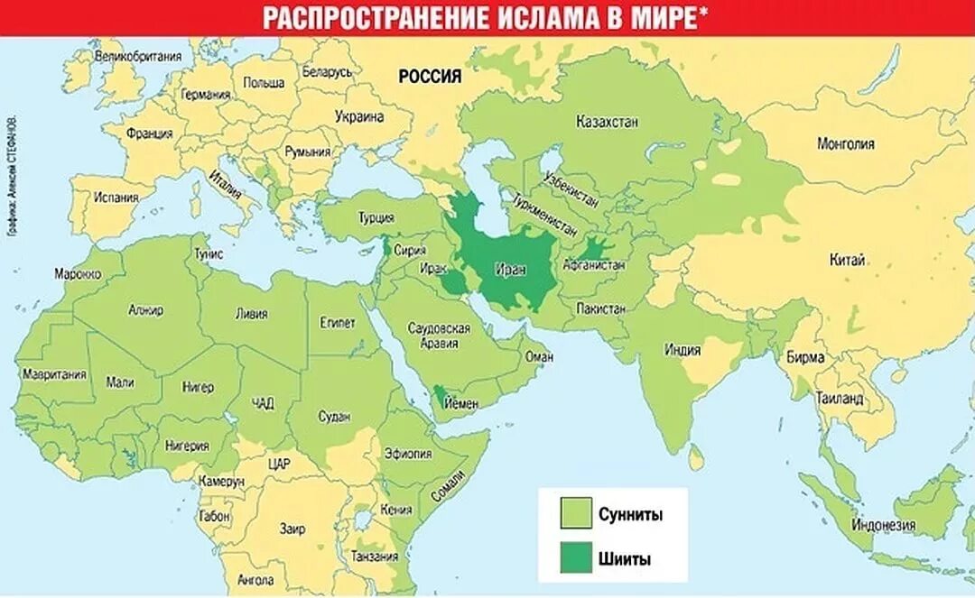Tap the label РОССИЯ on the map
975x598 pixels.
431,77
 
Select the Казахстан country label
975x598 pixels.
608,121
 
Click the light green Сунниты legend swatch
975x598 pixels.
575,514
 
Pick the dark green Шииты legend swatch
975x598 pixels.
575,558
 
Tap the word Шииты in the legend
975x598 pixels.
625,558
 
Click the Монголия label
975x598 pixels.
845,143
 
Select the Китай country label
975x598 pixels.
847,260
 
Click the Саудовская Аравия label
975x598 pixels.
439,336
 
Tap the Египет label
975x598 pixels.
337,322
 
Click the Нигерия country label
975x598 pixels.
187,445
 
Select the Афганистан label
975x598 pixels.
593,266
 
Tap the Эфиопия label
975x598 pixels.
407,454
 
